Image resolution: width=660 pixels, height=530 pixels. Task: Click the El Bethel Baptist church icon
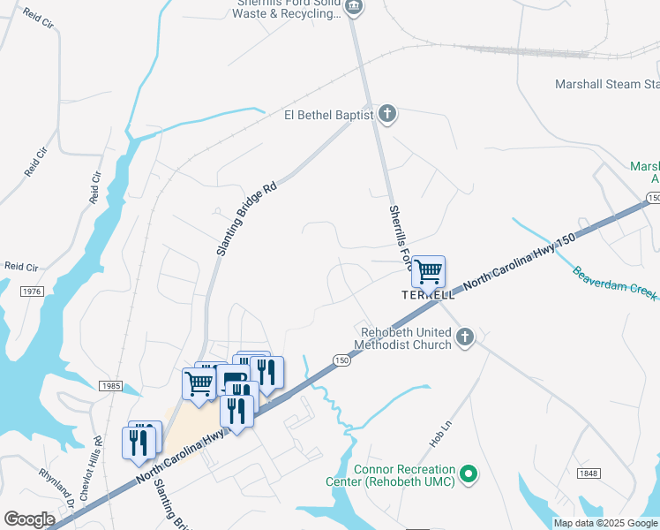coord(386,114)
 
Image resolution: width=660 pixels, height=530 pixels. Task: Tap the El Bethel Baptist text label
coord(328,115)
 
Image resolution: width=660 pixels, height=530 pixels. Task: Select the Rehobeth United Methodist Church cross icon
coord(465,337)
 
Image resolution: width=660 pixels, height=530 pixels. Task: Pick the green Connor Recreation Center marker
coord(469,475)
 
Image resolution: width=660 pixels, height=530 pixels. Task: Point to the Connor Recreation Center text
coord(405,475)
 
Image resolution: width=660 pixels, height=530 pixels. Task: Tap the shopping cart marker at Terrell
coord(428,272)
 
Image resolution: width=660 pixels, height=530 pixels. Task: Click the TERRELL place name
coord(428,295)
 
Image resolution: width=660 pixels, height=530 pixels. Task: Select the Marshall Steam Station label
coord(607,85)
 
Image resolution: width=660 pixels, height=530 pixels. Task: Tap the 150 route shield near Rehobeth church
coord(341,360)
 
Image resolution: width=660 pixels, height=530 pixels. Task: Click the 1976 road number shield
coord(30,291)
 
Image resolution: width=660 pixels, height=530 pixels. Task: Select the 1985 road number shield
coord(111,386)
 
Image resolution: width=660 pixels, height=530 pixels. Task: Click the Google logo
coord(29,519)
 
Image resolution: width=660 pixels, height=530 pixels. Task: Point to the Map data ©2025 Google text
coord(605,523)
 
